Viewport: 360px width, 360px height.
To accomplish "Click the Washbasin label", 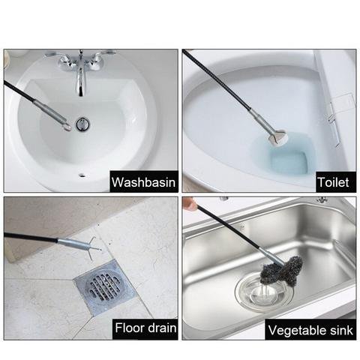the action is (143, 182).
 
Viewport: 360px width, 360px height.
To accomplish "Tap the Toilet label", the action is (333, 182).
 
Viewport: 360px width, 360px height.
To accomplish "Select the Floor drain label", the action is (145, 328).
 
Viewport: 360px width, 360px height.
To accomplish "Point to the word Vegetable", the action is (295, 330).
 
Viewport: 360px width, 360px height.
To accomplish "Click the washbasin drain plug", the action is (82, 123).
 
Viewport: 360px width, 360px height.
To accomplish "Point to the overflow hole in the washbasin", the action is (82, 175).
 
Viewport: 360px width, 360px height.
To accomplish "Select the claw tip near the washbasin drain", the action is (67, 127).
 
